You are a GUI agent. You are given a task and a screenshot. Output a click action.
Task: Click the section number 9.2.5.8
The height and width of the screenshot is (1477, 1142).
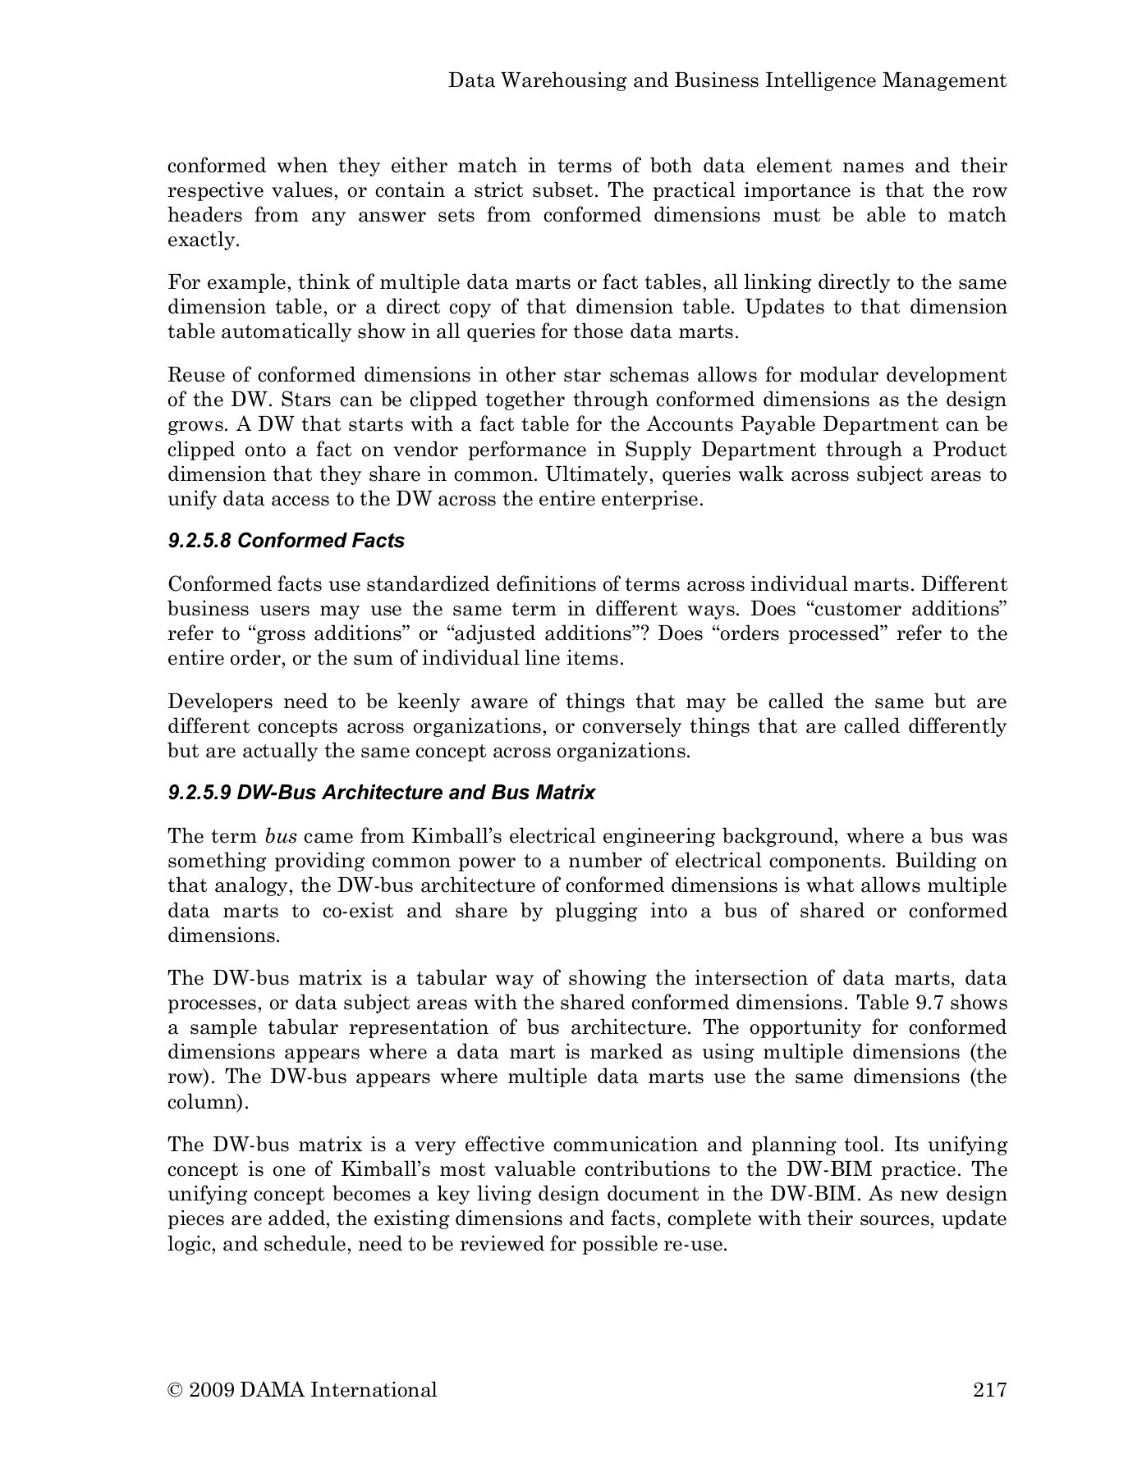tap(199, 541)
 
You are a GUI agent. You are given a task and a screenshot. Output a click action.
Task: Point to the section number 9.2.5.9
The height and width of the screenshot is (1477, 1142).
tap(199, 793)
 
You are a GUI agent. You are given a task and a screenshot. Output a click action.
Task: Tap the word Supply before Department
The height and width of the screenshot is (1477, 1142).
tap(654, 450)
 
